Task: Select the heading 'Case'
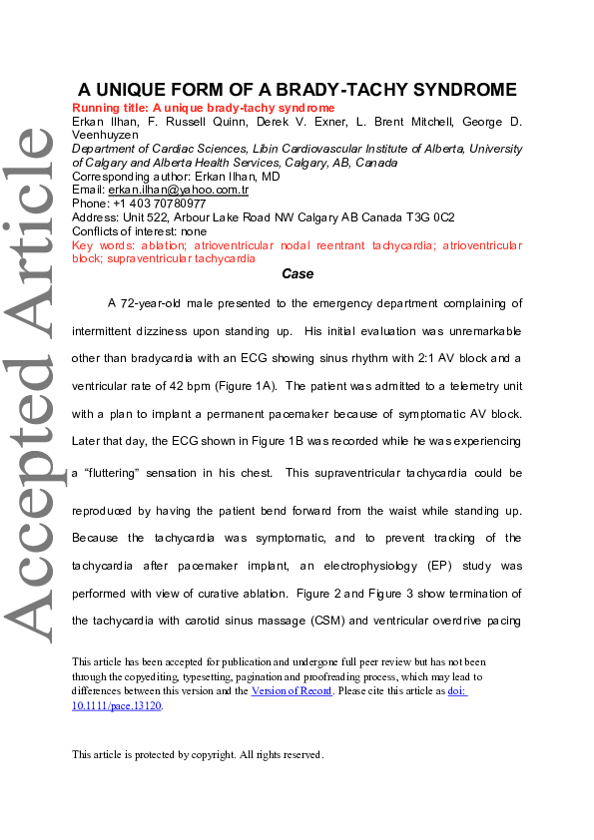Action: tap(297, 272)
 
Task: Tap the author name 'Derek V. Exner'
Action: tap(290, 122)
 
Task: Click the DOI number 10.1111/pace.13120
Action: tap(116, 704)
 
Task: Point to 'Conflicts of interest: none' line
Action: tap(140, 231)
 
